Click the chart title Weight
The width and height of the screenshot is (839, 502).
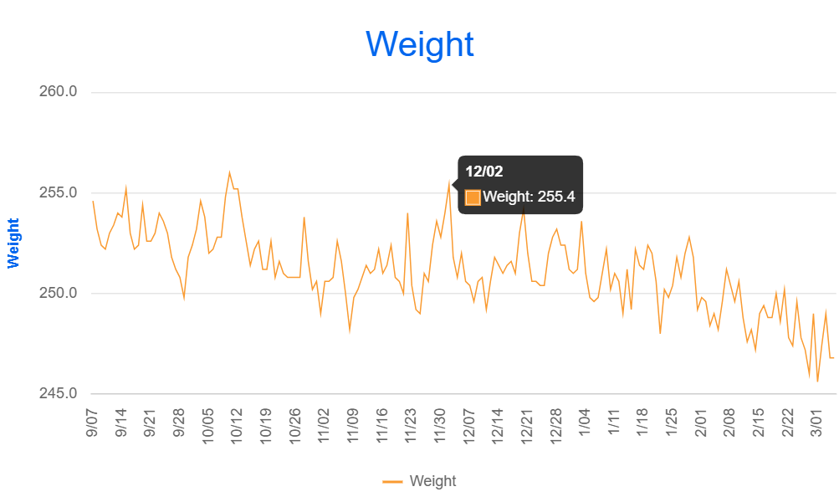420,44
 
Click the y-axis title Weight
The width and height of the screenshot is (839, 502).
13,243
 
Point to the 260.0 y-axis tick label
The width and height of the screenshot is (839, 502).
58,91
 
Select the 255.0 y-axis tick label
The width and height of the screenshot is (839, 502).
58,192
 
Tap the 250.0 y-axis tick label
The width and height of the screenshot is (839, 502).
58,293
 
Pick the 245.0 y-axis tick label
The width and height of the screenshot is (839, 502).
58,393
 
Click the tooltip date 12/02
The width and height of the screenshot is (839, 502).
484,172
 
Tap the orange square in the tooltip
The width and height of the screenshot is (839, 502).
473,197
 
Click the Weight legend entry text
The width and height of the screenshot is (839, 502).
432,481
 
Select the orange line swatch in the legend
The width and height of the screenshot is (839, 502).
392,481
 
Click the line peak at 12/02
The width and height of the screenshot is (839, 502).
449,182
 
